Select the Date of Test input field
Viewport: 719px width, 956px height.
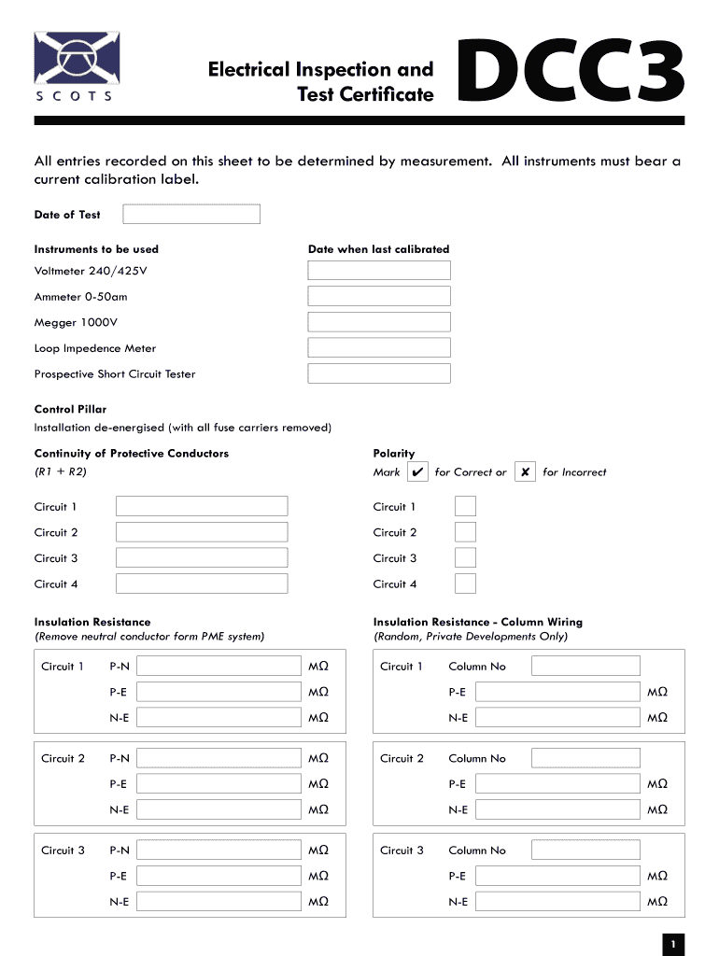tap(191, 215)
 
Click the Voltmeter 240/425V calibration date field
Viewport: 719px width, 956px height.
tap(379, 271)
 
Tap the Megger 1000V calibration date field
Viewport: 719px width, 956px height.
tap(379, 322)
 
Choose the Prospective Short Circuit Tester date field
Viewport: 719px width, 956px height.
tap(379, 373)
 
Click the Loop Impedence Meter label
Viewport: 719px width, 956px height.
tap(95, 348)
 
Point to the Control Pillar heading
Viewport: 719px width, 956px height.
tap(70, 409)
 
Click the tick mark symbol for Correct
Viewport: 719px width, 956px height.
tap(417, 472)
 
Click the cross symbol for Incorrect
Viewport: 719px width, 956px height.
tap(526, 472)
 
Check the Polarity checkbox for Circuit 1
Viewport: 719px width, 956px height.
tap(465, 507)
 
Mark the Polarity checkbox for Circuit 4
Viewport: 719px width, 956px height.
tap(465, 584)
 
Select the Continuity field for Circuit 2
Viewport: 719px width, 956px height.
tap(202, 532)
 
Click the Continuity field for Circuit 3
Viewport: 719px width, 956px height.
tap(202, 558)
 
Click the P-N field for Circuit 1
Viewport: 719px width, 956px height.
tap(220, 667)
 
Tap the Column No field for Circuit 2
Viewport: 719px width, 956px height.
tap(585, 758)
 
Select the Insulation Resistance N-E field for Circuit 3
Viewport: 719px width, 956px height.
tap(220, 902)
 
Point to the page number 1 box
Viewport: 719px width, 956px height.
tap(672, 944)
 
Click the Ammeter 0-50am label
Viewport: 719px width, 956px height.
tap(81, 297)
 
